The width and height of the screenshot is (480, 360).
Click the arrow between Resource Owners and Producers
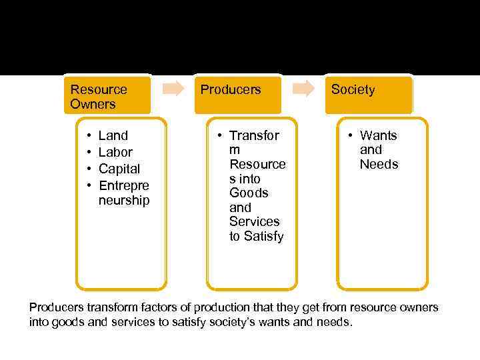click(174, 89)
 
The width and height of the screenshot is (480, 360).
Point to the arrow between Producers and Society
click(305, 89)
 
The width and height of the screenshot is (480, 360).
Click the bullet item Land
click(113, 136)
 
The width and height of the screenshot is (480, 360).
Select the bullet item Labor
click(115, 152)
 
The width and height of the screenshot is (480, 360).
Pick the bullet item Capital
click(119, 169)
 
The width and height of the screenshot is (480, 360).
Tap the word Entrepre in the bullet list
click(124, 185)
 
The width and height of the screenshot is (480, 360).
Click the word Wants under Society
click(379, 136)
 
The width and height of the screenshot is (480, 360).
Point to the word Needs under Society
click(379, 165)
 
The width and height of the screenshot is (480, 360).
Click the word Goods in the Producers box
click(249, 193)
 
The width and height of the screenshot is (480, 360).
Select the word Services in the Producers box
click(255, 221)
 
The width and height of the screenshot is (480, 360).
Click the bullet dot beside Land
click(89, 136)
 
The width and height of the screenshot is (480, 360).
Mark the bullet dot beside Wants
click(351, 136)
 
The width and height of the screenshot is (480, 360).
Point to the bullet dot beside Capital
click(89, 169)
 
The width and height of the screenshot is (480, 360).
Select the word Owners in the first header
click(93, 104)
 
